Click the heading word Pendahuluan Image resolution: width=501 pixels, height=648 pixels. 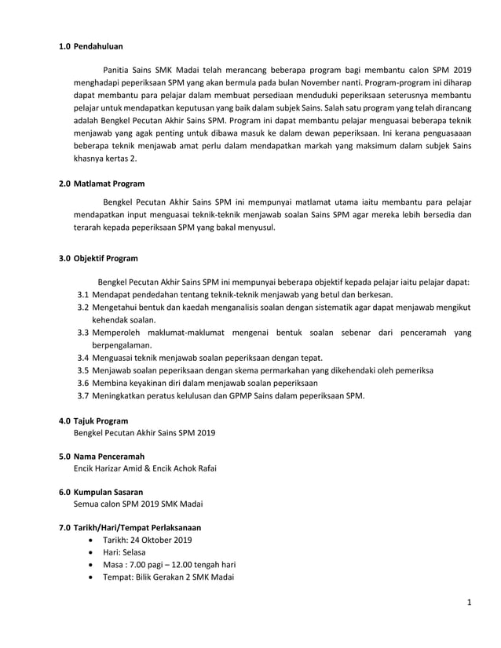point(98,46)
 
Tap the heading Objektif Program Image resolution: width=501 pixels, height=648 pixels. point(106,258)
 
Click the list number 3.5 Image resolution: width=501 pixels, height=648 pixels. point(82,370)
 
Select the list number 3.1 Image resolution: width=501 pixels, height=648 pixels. point(82,294)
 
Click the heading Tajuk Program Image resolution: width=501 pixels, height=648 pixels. point(101,420)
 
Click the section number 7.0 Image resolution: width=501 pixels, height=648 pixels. point(64,527)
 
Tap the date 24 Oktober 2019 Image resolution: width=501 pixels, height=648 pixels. point(163,540)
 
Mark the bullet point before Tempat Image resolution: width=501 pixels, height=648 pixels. point(95,577)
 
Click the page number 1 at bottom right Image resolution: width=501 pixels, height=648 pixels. point(468,602)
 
